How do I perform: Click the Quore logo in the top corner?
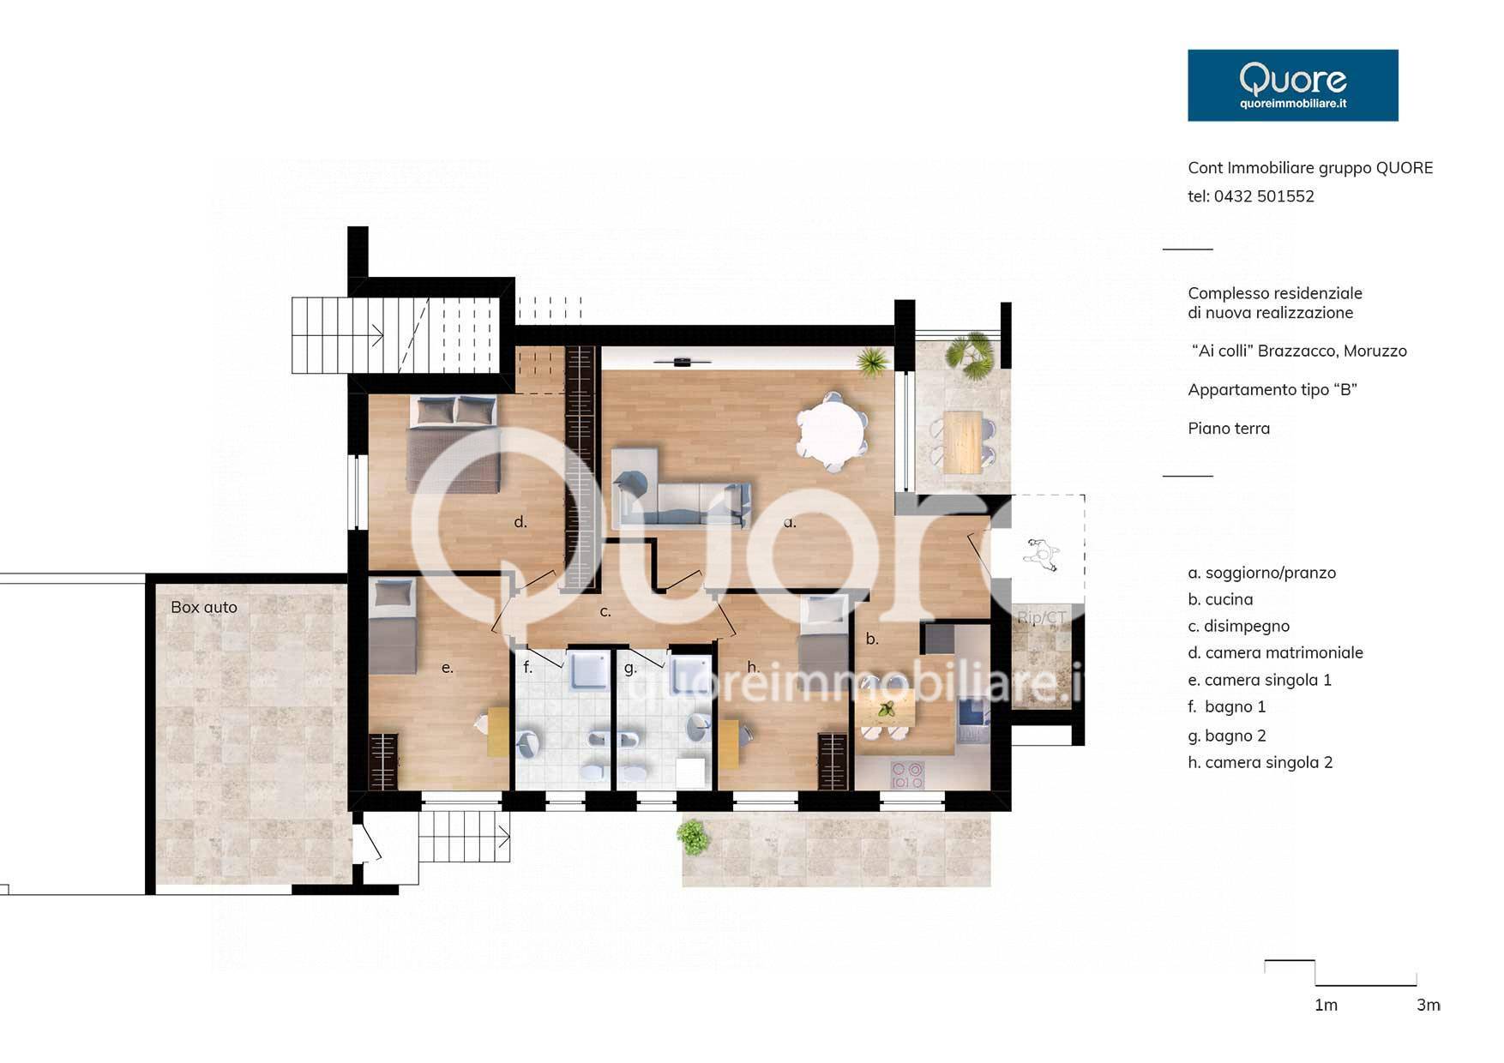pyautogui.click(x=1292, y=85)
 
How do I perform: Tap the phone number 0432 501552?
pyautogui.click(x=1264, y=196)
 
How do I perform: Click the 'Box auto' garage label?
pyautogui.click(x=204, y=607)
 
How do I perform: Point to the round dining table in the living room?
pyautogui.click(x=831, y=431)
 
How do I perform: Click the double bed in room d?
pyautogui.click(x=453, y=443)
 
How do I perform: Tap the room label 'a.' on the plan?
pyautogui.click(x=790, y=522)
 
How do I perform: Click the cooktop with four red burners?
pyautogui.click(x=907, y=776)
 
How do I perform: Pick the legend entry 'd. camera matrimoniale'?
pyautogui.click(x=1275, y=652)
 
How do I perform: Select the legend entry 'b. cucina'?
pyautogui.click(x=1220, y=599)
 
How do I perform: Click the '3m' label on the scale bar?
pyautogui.click(x=1429, y=1005)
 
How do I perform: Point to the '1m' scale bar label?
pyautogui.click(x=1326, y=1005)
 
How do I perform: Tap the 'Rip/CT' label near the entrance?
pyautogui.click(x=1042, y=617)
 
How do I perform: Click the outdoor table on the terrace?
pyautogui.click(x=962, y=441)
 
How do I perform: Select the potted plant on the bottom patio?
pyautogui.click(x=693, y=837)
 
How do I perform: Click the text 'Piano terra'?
pyautogui.click(x=1229, y=429)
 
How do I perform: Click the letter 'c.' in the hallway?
pyautogui.click(x=605, y=612)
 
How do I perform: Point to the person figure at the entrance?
pyautogui.click(x=1042, y=555)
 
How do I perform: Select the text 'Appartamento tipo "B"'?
pyautogui.click(x=1272, y=390)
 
